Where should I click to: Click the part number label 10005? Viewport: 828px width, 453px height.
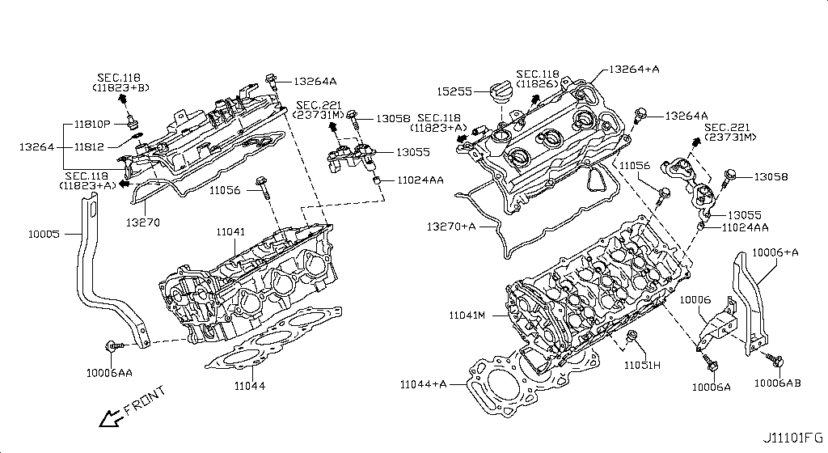point(44,234)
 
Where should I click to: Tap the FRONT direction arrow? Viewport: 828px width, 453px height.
point(108,417)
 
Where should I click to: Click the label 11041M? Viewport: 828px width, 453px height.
point(465,314)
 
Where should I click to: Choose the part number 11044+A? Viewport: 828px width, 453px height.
point(423,383)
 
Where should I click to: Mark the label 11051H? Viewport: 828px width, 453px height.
point(641,366)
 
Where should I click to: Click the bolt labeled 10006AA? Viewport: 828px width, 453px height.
point(112,346)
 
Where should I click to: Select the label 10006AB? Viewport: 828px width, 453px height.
point(778,383)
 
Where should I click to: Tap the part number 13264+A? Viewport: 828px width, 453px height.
point(634,70)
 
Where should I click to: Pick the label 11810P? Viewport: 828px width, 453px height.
point(94,125)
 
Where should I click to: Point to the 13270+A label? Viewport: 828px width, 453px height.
point(452,226)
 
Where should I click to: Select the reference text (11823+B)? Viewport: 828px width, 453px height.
point(120,87)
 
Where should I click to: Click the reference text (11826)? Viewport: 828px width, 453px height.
point(539,83)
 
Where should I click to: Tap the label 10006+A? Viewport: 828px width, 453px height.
point(775,252)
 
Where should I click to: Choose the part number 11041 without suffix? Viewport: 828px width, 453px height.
point(230,232)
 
